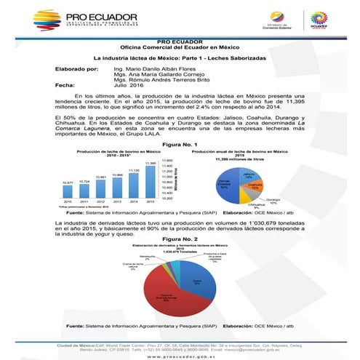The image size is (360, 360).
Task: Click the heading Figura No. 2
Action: click(180, 238)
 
